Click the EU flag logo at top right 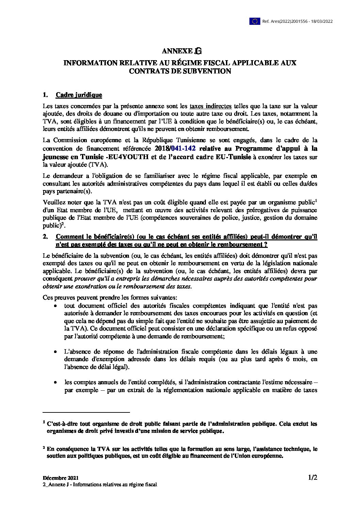click(x=255, y=21)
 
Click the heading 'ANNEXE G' click(x=182, y=51)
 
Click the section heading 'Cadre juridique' click(x=79, y=95)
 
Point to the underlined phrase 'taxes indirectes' click(x=211, y=106)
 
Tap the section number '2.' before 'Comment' click(x=45, y=237)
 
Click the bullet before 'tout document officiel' click(x=55, y=306)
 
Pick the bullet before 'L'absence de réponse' click(x=55, y=352)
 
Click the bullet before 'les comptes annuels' click(x=55, y=383)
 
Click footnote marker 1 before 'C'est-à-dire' click(x=44, y=422)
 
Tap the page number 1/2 click(x=312, y=477)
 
